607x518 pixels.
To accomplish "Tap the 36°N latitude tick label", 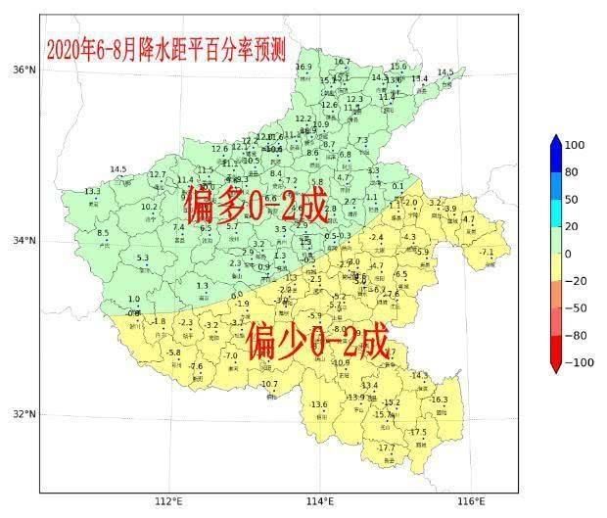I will click(x=23, y=70).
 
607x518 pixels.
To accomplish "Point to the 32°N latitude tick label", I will click(x=23, y=413).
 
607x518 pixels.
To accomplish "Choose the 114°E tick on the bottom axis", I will click(x=320, y=503).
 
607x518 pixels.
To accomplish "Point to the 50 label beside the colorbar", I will click(x=573, y=200).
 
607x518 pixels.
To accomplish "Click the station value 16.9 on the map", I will click(x=303, y=67).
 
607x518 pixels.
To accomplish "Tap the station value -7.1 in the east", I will click(x=486, y=253).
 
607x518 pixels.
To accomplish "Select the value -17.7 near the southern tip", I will click(x=387, y=447).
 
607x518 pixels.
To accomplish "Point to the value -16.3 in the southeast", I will click(x=439, y=400).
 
